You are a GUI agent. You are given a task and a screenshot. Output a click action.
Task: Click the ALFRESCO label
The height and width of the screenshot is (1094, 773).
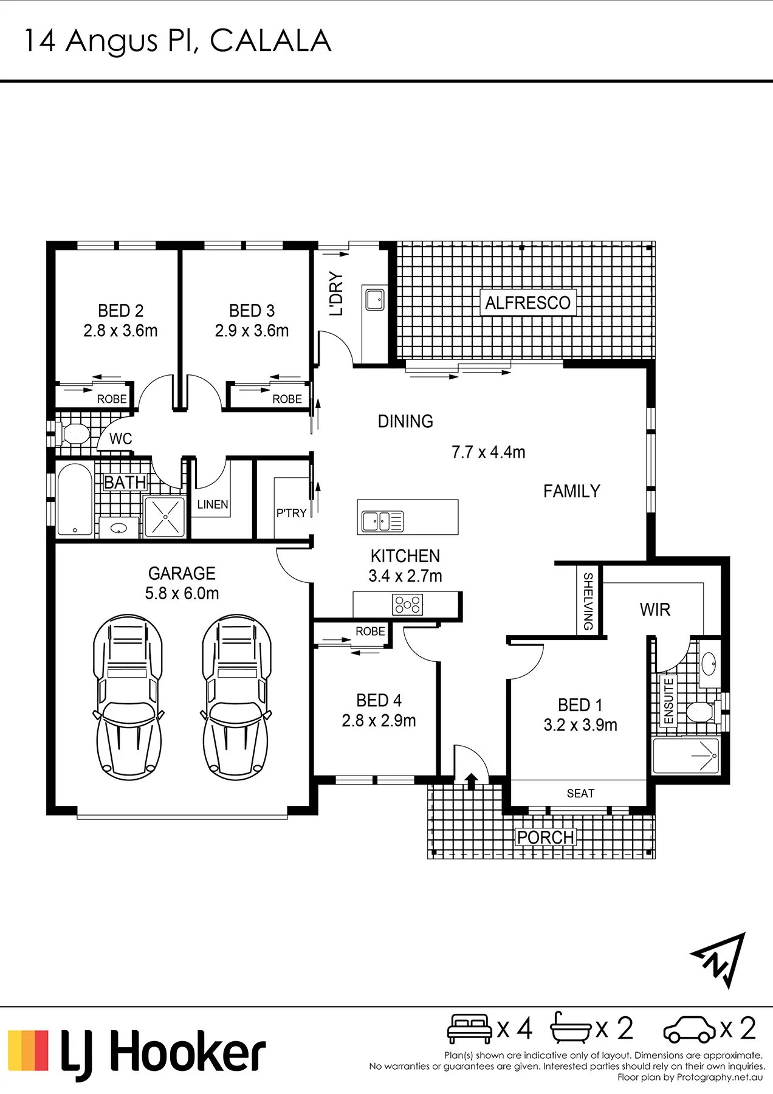click(x=527, y=303)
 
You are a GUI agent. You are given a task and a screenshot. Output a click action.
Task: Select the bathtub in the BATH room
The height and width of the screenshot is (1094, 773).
click(x=75, y=500)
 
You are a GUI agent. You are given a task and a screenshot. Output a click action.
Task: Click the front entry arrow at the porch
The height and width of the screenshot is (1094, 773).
click(x=471, y=781)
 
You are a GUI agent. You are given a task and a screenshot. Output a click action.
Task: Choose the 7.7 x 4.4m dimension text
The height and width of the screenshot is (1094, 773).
click(x=488, y=452)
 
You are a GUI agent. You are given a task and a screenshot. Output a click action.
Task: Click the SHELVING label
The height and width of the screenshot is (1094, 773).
click(x=588, y=601)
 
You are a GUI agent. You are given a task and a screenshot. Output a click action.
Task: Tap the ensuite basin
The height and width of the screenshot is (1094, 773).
click(x=709, y=664)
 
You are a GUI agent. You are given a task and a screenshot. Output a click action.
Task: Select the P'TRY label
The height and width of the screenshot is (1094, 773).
click(x=292, y=513)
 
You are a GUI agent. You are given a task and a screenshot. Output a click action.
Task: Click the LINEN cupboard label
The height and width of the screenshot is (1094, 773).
click(x=213, y=504)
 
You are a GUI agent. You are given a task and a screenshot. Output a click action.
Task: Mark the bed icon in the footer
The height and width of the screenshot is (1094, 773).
click(x=470, y=1028)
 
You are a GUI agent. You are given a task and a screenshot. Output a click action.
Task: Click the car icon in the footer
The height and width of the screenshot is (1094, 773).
click(x=690, y=1029)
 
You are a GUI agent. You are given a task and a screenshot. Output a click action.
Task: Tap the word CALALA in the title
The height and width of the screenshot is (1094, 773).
click(x=270, y=41)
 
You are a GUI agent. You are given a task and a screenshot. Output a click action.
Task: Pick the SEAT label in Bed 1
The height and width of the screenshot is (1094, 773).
click(x=580, y=793)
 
